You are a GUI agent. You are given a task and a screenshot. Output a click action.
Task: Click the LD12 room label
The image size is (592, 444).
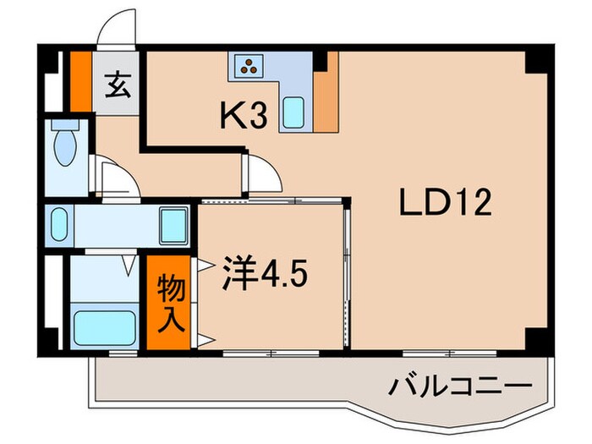[445, 204]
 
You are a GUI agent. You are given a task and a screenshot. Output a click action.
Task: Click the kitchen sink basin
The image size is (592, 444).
[293, 112]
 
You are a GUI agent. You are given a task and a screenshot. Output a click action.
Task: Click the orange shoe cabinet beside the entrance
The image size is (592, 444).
[79, 83]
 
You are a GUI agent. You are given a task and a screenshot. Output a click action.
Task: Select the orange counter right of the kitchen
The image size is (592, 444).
[326, 93]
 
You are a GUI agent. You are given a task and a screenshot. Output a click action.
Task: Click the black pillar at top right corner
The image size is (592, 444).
[534, 62]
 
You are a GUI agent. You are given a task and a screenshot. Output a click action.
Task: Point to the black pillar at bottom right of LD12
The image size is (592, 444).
[535, 338]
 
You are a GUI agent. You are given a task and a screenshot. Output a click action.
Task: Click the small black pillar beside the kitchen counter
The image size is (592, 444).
[321, 61]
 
